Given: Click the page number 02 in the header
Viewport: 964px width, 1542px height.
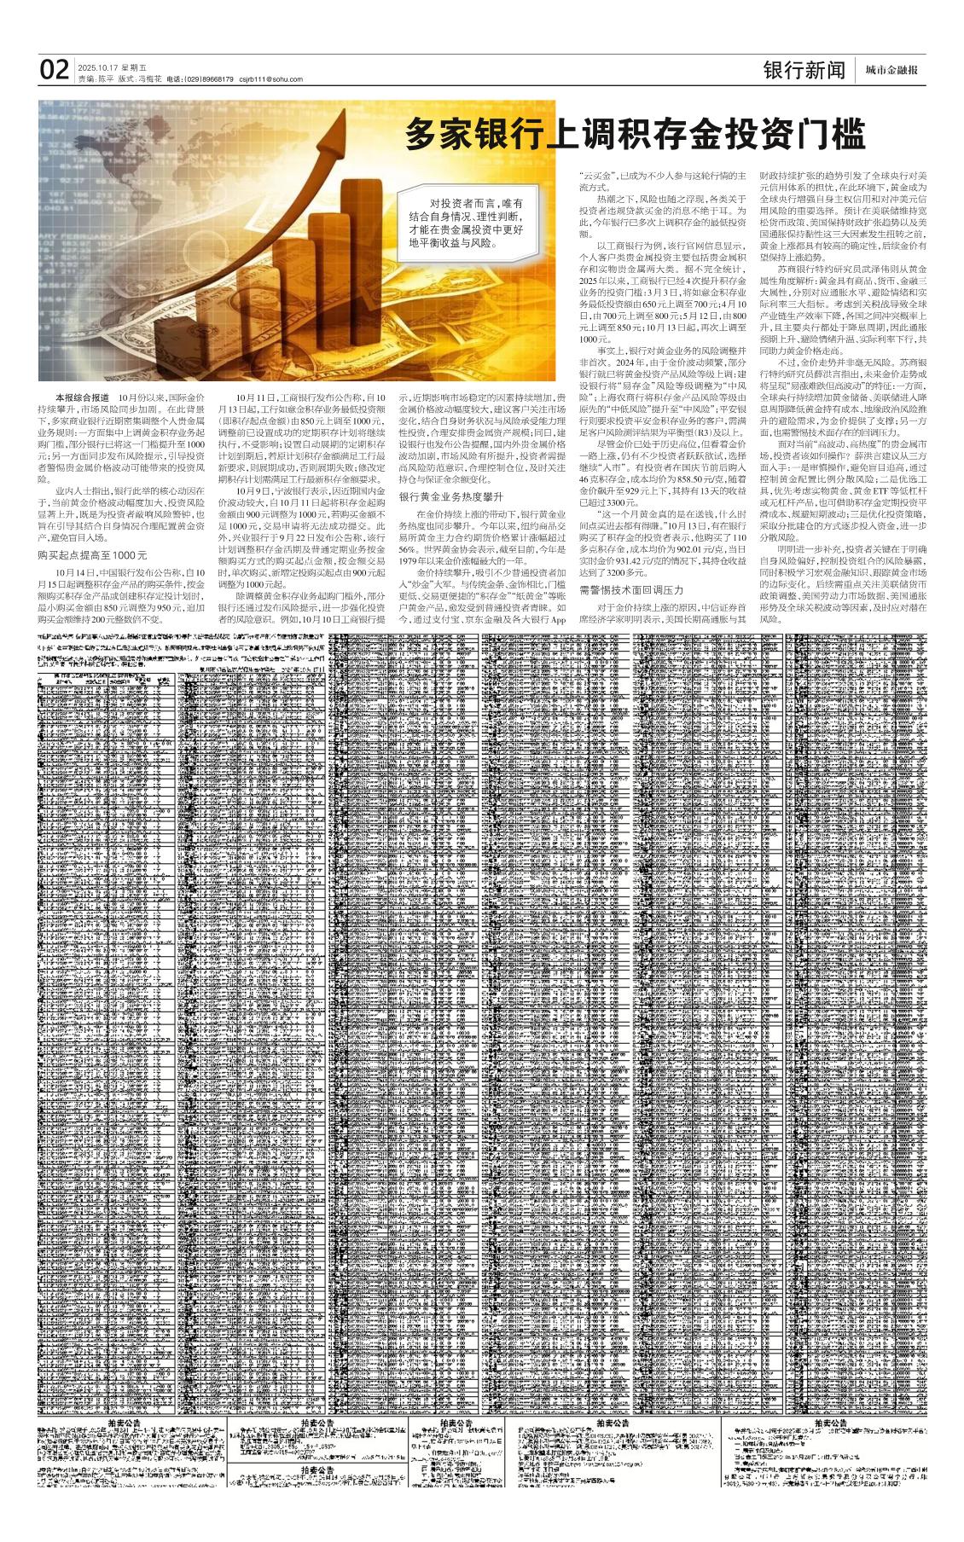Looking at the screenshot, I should pos(55,69).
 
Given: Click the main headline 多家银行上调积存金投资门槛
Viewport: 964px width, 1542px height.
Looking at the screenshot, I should pos(635,135).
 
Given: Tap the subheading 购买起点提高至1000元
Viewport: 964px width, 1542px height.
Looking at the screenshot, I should pos(93,554).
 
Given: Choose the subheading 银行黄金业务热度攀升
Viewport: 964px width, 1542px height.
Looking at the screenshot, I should pos(451,496).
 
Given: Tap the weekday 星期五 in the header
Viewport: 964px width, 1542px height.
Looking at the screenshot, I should pos(133,67).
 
